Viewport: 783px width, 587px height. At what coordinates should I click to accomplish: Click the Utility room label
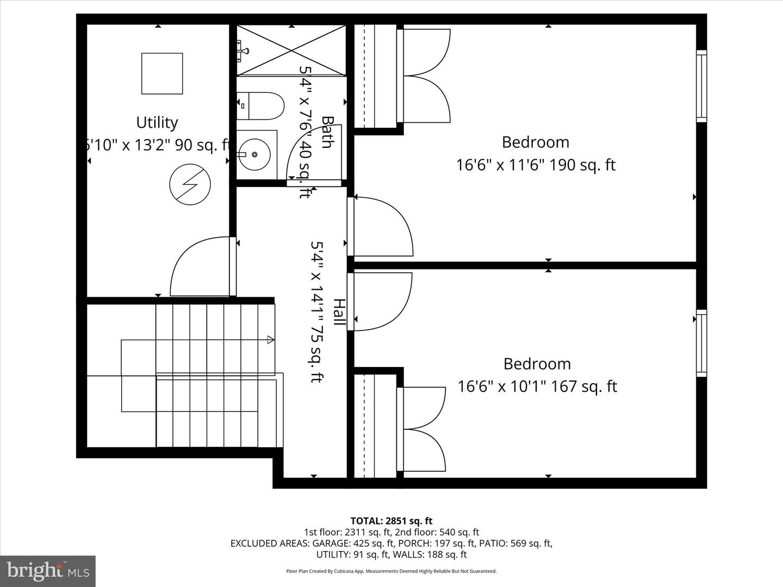coord(157,123)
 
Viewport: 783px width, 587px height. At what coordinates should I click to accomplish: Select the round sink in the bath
coord(254,154)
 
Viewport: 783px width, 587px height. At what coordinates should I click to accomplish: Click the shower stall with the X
coord(291,51)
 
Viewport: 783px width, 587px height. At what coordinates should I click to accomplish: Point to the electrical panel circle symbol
coord(189,185)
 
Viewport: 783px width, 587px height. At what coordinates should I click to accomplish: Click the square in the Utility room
coord(162,73)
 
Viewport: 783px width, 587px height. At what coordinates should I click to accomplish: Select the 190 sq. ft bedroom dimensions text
coord(536,165)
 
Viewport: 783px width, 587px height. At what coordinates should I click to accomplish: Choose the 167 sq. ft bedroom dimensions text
coord(537,386)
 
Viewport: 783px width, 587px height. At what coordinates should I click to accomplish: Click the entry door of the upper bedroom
coord(381,226)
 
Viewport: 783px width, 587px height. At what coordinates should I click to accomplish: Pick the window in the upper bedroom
coord(701,86)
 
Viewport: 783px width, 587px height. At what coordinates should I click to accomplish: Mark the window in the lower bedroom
coord(701,344)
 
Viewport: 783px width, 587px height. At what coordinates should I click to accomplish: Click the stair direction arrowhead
coord(270,340)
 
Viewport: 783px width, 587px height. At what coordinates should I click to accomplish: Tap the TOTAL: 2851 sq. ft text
coord(391,521)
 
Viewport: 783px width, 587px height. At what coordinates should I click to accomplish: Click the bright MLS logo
coord(48,571)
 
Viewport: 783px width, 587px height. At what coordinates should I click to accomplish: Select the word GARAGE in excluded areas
coord(330,544)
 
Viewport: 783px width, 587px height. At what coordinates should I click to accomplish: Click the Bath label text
coord(327,132)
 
